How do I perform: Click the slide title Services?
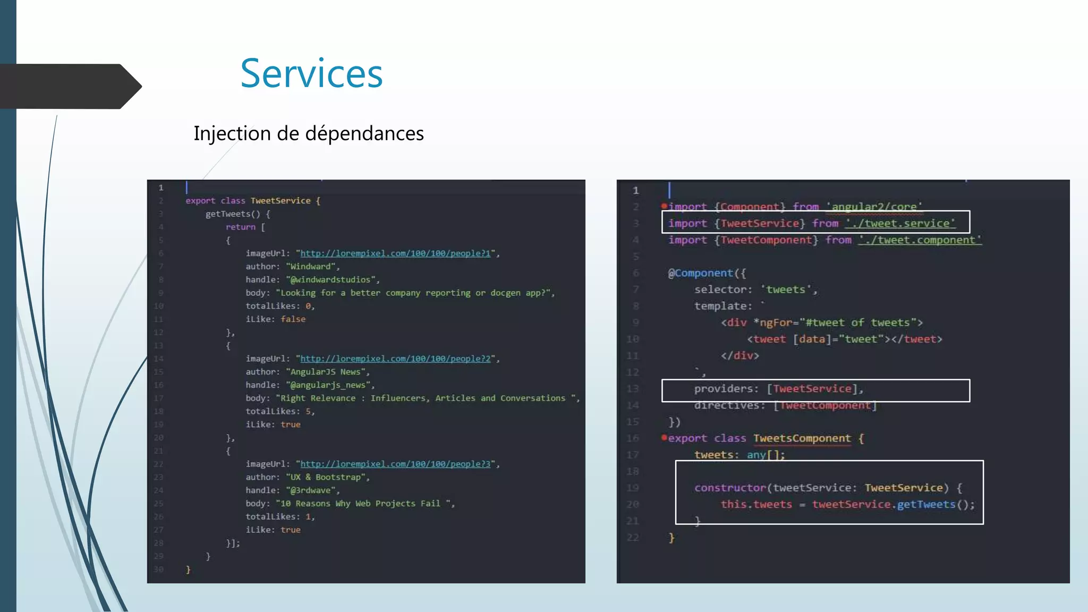(311, 73)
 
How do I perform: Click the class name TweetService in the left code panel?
(280, 201)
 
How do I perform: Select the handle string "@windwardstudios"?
(331, 280)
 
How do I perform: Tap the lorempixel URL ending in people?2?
(395, 359)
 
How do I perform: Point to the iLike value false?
(293, 319)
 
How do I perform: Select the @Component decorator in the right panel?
(700, 273)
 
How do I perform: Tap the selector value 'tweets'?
(785, 290)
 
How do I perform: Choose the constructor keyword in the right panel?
(730, 488)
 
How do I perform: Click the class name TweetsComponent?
(802, 438)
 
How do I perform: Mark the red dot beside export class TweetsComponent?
(664, 437)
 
